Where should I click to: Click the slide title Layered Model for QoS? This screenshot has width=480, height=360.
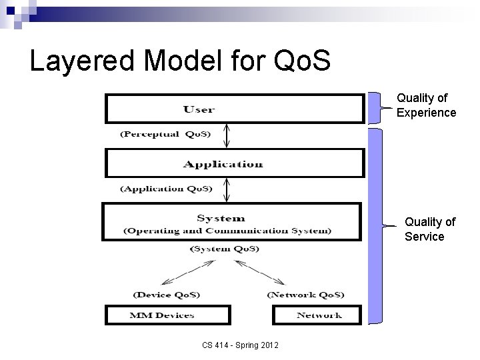pyautogui.click(x=180, y=61)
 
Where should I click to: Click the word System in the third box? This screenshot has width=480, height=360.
pyautogui.click(x=221, y=218)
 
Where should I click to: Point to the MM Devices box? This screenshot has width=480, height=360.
pyautogui.click(x=167, y=315)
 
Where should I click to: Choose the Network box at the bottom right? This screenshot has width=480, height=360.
pyautogui.click(x=317, y=315)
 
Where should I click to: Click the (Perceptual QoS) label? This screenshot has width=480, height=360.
pyautogui.click(x=165, y=134)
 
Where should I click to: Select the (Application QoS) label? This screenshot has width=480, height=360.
pyautogui.click(x=166, y=189)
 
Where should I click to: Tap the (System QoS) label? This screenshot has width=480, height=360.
pyautogui.click(x=225, y=249)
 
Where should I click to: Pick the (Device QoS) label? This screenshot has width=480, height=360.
pyautogui.click(x=166, y=294)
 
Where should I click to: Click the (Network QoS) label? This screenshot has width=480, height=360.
pyautogui.click(x=305, y=294)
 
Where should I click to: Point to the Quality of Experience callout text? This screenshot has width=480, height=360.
pyautogui.click(x=426, y=105)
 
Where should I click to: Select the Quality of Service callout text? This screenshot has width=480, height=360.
pyautogui.click(x=429, y=229)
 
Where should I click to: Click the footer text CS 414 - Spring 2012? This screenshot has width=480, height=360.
pyautogui.click(x=241, y=345)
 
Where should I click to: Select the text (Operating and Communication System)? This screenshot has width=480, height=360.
pyautogui.click(x=227, y=231)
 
